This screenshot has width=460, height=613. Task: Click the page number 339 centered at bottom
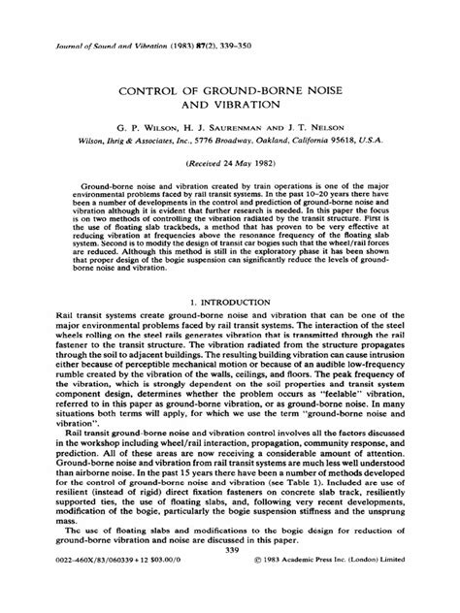point(229,580)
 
